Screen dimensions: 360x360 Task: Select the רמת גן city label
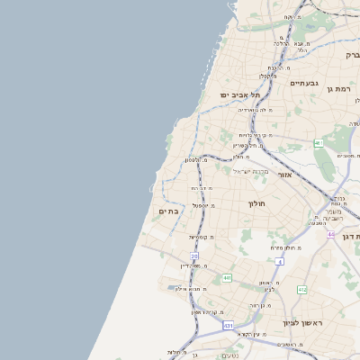click(337, 88)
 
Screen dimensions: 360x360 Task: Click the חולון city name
click(256, 203)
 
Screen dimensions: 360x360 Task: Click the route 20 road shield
click(193, 256)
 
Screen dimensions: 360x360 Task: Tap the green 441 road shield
click(228, 277)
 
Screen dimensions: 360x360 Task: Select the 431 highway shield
click(229, 325)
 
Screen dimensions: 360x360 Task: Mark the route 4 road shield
click(280, 261)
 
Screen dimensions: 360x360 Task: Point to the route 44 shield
click(331, 235)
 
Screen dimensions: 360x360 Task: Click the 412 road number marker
click(301, 290)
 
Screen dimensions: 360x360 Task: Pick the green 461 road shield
click(318, 144)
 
